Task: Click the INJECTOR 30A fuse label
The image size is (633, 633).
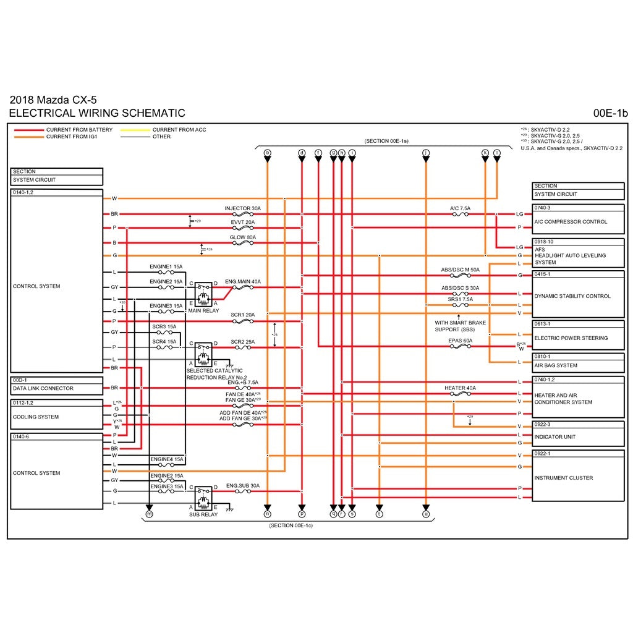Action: coord(242,208)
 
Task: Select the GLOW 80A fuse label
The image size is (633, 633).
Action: coord(242,237)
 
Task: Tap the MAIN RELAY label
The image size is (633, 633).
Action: coord(203,310)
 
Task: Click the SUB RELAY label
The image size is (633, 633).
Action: coord(203,514)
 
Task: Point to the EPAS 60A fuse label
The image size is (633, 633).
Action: coord(460,340)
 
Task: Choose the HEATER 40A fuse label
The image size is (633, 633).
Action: coord(460,388)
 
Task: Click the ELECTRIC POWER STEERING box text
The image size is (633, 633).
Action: coord(571,338)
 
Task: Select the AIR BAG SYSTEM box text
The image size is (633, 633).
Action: coord(556,365)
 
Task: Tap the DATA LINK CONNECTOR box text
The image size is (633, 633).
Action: coord(43,389)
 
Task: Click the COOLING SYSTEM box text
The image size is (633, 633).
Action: coord(36,417)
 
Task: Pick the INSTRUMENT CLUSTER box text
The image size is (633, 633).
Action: coord(563,478)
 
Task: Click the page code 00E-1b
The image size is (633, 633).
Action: coord(610,113)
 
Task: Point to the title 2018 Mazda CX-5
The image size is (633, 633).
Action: coord(53,100)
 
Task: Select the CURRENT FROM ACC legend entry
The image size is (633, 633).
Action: coord(179,130)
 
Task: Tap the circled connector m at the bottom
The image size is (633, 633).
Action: coord(148,514)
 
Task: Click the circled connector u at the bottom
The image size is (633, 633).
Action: coord(425,514)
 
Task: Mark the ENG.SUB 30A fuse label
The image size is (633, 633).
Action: coord(242,486)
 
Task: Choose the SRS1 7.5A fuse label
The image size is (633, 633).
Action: coord(460,299)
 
